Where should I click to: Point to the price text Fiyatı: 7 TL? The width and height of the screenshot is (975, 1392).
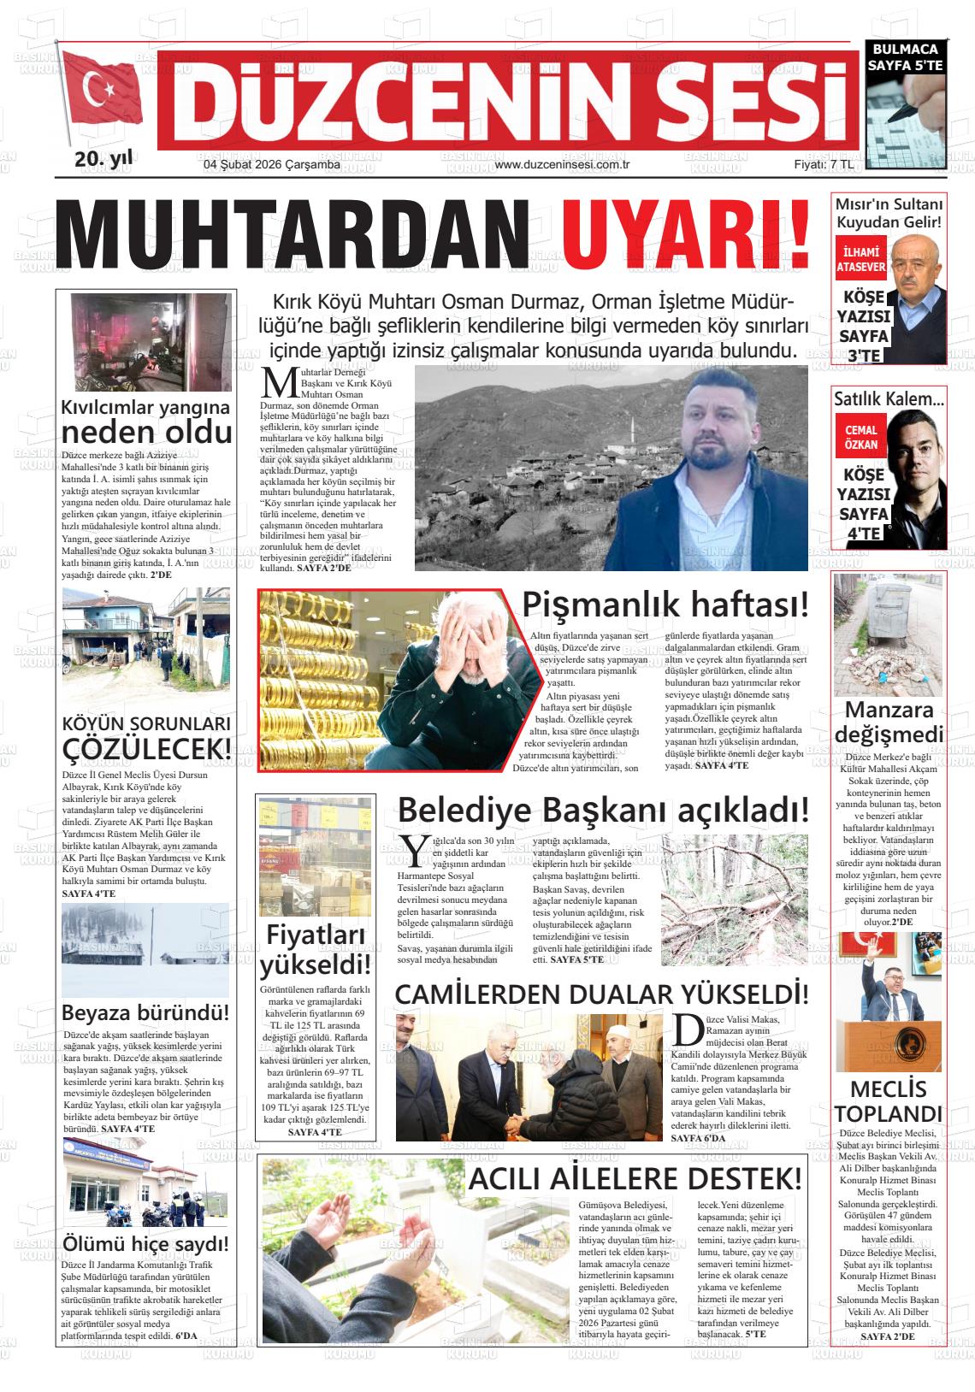click(x=823, y=165)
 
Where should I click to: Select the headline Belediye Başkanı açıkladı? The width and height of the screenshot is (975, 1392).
click(x=603, y=809)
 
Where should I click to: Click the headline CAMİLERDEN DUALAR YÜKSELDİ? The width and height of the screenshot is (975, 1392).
click(x=601, y=994)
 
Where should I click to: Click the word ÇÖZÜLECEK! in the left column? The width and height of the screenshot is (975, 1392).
click(x=147, y=749)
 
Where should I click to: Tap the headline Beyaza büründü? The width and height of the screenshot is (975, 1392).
click(x=145, y=1013)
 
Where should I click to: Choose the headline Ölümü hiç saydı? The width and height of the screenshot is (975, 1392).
click(x=145, y=1243)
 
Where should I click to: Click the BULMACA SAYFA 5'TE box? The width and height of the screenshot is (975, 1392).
click(x=904, y=56)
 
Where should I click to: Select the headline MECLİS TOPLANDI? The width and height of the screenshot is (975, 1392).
click(x=888, y=1101)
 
